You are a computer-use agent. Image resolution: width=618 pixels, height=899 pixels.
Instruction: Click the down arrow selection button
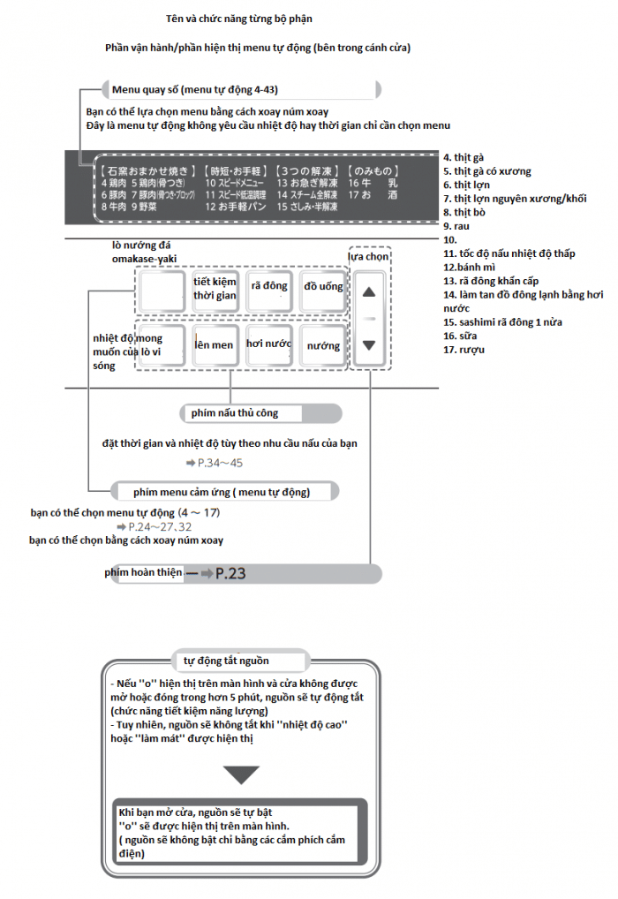coord(369,345)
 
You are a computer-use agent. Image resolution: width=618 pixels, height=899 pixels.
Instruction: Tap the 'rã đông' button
coord(269,287)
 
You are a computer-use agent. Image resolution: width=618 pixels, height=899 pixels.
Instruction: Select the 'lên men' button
coord(215,345)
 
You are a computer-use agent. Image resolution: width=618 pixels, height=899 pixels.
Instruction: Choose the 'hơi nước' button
coord(268,345)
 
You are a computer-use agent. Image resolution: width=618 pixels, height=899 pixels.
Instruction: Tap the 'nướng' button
coord(323,346)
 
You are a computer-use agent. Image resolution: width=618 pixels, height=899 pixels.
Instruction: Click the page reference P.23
coord(230,574)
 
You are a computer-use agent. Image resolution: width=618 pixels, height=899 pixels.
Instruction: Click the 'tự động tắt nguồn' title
coord(226,661)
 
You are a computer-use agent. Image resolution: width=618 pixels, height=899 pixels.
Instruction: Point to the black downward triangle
coord(241,774)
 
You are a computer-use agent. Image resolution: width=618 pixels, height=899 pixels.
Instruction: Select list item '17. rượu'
coord(464,350)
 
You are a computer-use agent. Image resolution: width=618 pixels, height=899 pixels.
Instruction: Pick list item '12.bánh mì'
coord(470,267)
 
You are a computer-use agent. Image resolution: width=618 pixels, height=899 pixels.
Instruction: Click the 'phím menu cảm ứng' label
coord(221,491)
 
